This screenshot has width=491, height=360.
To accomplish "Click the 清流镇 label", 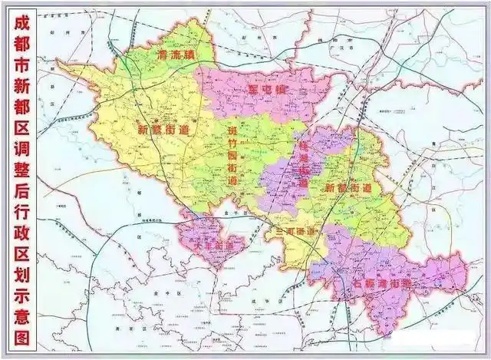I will point(174,55).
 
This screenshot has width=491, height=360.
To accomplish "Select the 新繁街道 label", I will point(163,130).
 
